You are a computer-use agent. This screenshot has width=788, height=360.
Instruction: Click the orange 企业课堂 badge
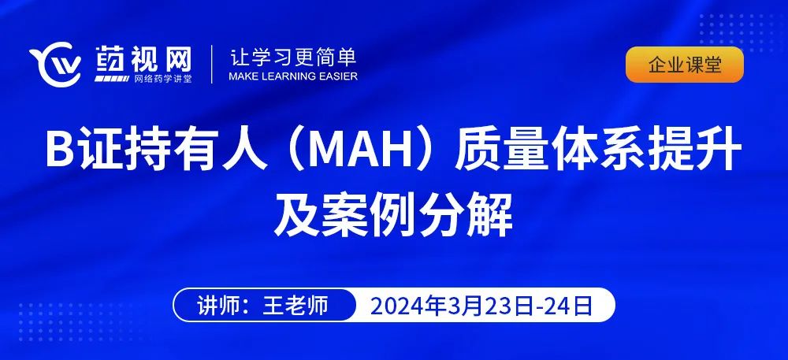tap(685, 65)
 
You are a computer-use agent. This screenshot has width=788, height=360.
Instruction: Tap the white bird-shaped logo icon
tap(56, 65)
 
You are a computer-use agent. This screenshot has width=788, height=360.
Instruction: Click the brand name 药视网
tap(143, 59)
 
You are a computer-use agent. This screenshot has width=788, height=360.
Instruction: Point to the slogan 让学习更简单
tap(293, 58)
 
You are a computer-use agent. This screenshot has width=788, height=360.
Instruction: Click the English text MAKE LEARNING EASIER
tap(293, 76)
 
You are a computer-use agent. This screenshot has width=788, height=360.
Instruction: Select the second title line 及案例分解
tap(393, 216)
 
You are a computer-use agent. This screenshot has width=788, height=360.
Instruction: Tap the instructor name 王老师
tap(295, 306)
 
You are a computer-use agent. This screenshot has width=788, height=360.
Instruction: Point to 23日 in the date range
tap(506, 306)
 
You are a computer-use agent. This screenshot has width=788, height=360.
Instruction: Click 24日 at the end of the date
tap(567, 306)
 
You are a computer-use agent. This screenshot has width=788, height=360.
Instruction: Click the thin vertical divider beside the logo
tap(211, 65)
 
